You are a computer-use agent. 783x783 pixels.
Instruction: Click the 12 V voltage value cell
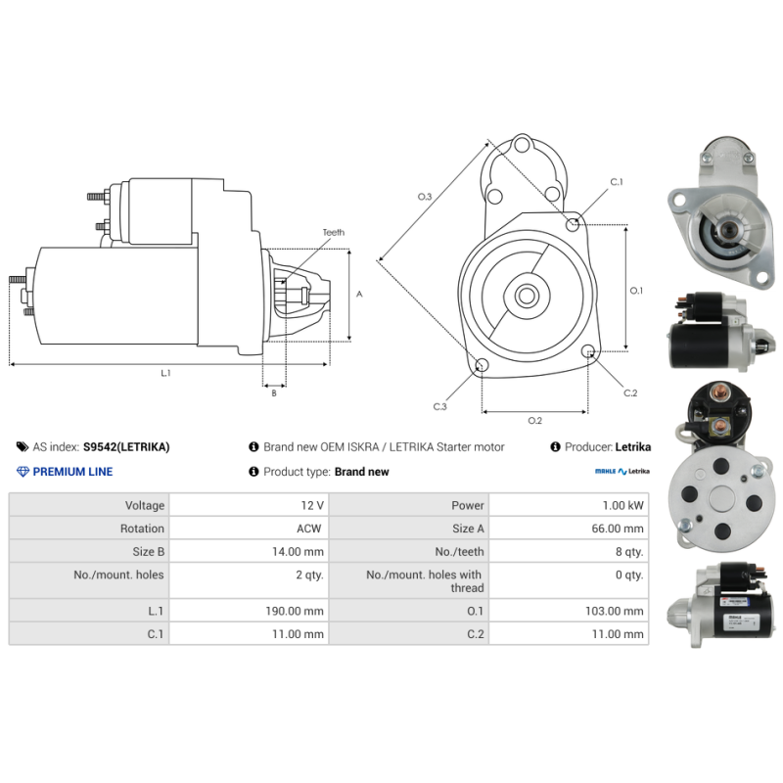pyautogui.click(x=313, y=505)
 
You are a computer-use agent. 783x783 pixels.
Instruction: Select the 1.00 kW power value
pyautogui.click(x=624, y=505)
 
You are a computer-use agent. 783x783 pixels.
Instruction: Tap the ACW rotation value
pyautogui.click(x=311, y=529)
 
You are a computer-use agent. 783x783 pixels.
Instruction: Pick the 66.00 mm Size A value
pyautogui.click(x=621, y=529)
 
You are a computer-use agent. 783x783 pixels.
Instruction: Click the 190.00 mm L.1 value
pyautogui.click(x=299, y=611)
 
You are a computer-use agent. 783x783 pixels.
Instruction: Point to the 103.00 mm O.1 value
pyautogui.click(x=620, y=611)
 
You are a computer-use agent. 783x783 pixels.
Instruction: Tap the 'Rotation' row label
pyautogui.click(x=142, y=529)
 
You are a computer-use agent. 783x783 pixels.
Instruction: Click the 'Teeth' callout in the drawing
pyautogui.click(x=334, y=233)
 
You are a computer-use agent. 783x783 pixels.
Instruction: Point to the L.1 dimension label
pyautogui.click(x=166, y=373)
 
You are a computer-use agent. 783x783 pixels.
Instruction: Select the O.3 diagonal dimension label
pyautogui.click(x=425, y=197)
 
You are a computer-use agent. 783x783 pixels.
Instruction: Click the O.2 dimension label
pyautogui.click(x=535, y=421)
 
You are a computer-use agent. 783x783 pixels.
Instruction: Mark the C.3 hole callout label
pyautogui.click(x=440, y=406)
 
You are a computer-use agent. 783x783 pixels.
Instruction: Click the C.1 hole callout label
pyautogui.click(x=617, y=182)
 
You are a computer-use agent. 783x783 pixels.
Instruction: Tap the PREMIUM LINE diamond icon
pyautogui.click(x=23, y=472)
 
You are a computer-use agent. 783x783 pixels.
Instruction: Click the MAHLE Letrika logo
pyautogui.click(x=622, y=472)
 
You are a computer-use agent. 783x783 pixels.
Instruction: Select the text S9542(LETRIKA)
pyautogui.click(x=126, y=447)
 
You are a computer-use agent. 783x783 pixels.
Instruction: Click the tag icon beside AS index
pyautogui.click(x=23, y=447)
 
